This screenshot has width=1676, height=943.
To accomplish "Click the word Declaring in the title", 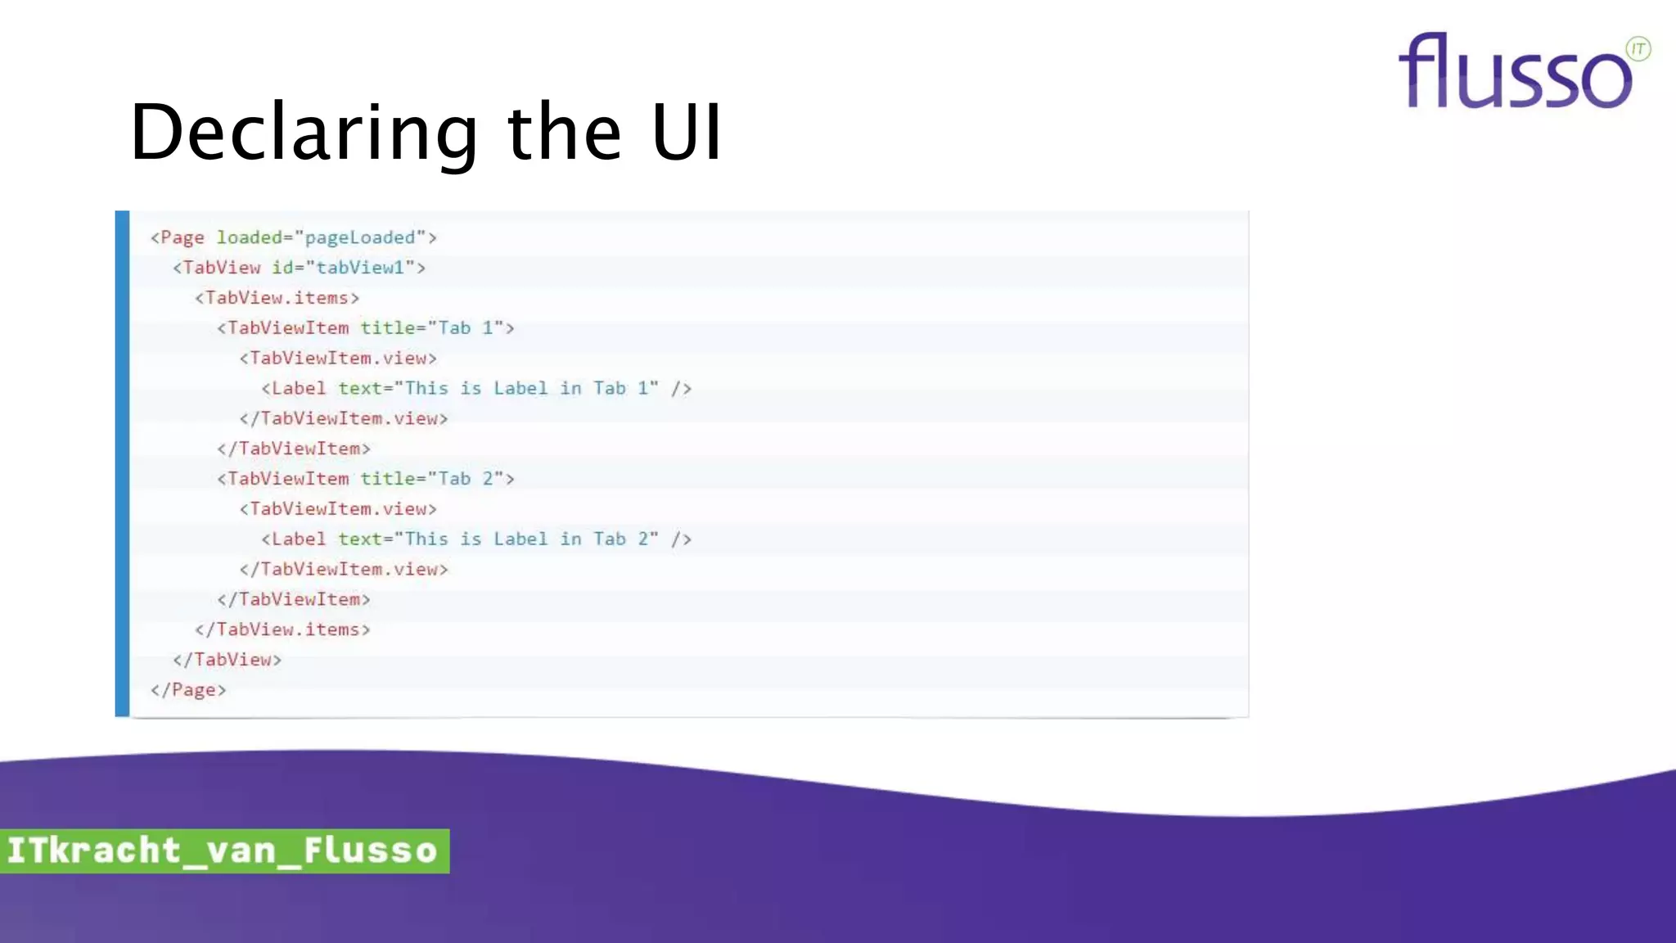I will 304,133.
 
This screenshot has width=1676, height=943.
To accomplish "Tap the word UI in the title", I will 687,133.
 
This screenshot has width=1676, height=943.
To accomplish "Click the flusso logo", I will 1515,72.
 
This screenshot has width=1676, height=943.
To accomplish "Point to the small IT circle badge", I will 1638,49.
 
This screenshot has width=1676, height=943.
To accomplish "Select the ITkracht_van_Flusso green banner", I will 223,851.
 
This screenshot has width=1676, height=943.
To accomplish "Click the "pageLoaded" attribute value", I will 360,237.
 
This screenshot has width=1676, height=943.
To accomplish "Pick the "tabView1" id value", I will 360,268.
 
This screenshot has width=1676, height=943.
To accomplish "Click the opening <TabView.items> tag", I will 277,298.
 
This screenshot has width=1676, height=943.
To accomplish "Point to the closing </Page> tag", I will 188,690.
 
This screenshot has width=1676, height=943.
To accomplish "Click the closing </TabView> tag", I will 227,660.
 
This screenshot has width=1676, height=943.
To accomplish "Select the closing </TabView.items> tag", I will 282,629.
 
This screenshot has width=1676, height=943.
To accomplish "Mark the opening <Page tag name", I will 182,237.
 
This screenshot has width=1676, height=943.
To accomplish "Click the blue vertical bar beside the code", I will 123,463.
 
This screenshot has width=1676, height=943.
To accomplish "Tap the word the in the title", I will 565,133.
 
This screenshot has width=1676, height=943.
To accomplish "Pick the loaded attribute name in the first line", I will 249,237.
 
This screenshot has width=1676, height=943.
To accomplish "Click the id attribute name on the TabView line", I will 282,268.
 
